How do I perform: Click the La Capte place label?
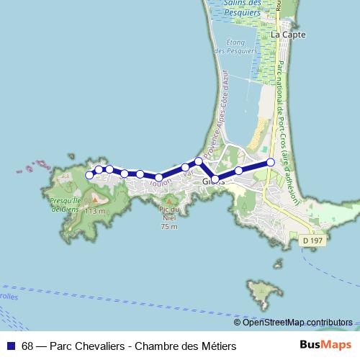(288, 34)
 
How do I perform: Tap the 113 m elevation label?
(95, 212)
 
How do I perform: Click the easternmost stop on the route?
(271, 162)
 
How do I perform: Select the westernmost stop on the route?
(90, 175)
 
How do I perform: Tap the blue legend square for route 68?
(12, 346)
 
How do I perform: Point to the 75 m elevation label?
(168, 226)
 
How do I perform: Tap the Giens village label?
(213, 181)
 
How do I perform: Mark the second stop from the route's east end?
(238, 171)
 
